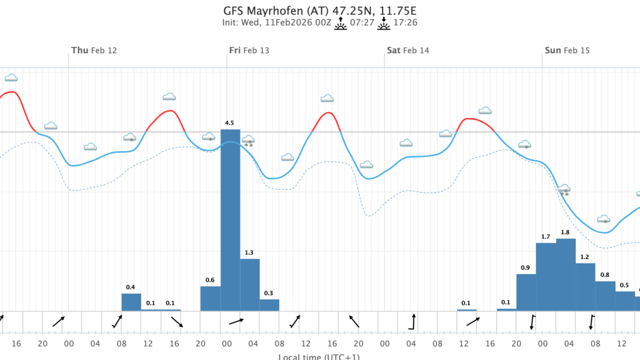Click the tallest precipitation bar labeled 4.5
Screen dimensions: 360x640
[x=230, y=221]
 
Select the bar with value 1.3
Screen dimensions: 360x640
[x=250, y=285]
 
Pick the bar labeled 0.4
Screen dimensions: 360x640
[x=131, y=302]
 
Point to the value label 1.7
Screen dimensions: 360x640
[x=546, y=237]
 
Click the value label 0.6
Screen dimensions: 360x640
[x=210, y=280]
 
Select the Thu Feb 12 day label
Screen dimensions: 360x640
[x=94, y=51]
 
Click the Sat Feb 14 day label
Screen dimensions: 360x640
[x=408, y=51]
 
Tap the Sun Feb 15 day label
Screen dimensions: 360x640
[x=567, y=51]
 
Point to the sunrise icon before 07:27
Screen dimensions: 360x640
[x=340, y=23]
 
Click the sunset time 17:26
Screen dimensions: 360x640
[x=405, y=23]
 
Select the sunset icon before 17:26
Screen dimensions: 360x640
[x=383, y=23]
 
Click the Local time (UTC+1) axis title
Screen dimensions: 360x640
[x=319, y=356]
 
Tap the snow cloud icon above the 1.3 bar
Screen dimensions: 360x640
[x=248, y=140]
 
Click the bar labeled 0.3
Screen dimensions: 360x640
[x=269, y=305]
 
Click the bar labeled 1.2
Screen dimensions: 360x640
[x=585, y=287]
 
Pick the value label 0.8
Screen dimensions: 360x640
[x=605, y=275]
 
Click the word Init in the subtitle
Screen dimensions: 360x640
[x=230, y=23]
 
